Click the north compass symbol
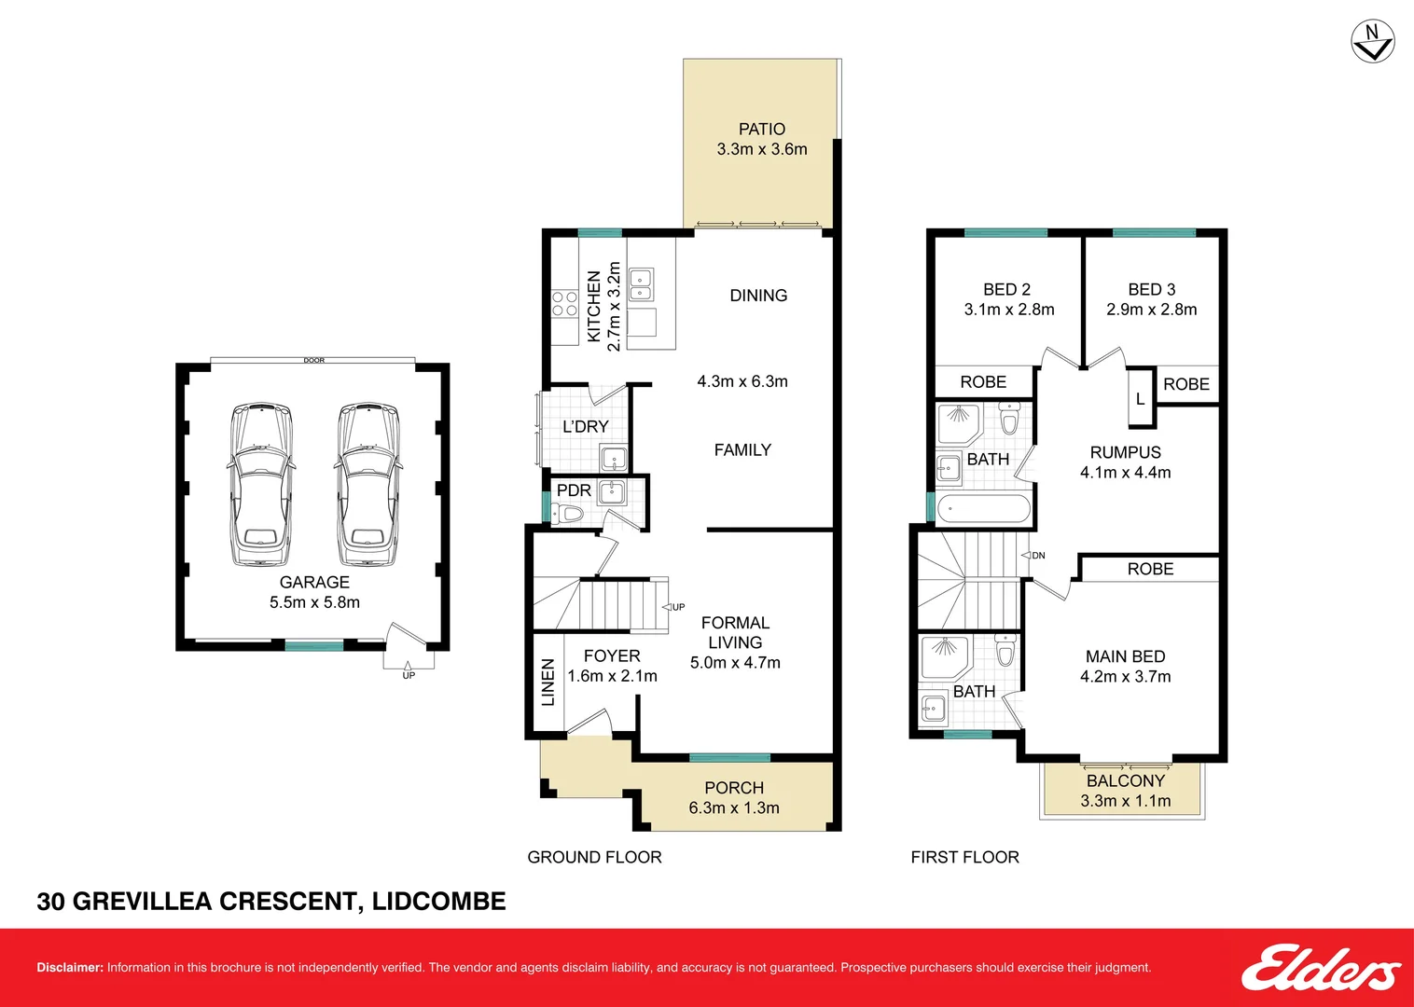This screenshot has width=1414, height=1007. (1372, 42)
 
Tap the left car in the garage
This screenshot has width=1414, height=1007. (261, 484)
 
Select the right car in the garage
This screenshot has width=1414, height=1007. (368, 484)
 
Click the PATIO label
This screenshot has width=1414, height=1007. (762, 129)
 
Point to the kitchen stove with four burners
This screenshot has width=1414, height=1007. (565, 303)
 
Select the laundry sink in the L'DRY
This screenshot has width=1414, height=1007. (612, 458)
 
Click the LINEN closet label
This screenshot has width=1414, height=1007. (548, 683)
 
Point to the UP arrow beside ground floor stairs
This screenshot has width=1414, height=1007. (672, 607)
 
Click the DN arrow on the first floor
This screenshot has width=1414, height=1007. (1033, 555)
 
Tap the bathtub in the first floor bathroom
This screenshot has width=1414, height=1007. (983, 508)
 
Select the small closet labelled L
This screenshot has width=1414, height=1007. (1141, 398)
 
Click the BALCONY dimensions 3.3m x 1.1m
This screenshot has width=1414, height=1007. (1126, 801)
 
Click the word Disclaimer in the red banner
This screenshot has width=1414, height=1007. (69, 967)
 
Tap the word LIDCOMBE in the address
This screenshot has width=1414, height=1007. (438, 901)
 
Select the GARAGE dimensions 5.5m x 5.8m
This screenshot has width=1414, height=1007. (314, 602)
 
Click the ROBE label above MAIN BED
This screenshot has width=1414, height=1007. (1150, 569)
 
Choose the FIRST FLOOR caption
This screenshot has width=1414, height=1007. (964, 857)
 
